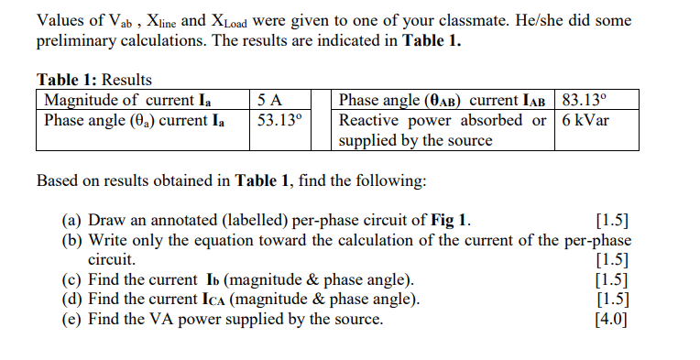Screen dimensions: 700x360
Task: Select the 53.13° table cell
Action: point(279,120)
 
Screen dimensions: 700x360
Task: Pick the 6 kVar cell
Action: point(586,120)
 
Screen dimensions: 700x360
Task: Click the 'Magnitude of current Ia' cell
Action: point(135,100)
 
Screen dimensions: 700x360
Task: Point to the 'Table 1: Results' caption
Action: point(93,81)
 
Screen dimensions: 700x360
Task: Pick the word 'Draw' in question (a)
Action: point(108,220)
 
